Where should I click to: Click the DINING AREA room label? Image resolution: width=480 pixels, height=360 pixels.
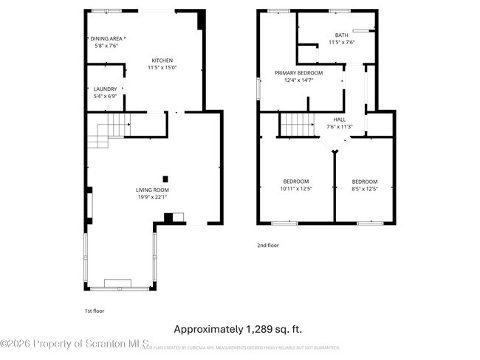pos(108,38)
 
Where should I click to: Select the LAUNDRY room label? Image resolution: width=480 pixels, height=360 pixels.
pos(105,89)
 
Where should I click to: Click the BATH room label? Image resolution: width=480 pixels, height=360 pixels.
pos(341,35)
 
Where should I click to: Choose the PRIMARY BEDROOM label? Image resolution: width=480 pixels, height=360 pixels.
pos(299,73)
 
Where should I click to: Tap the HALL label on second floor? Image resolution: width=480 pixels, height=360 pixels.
pos(340,120)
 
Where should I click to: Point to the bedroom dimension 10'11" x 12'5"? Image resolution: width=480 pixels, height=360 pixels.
pos(296,189)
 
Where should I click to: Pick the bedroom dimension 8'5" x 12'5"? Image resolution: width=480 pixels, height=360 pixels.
pos(364,189)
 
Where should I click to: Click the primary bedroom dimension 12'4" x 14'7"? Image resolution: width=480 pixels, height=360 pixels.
pos(299,80)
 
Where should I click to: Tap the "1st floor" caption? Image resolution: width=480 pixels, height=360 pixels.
pos(95,311)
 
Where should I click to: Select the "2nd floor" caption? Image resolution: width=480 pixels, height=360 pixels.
pos(268,246)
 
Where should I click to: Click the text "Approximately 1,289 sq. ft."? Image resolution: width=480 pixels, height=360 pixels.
pos(238,329)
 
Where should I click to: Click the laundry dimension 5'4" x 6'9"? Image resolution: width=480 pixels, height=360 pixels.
pos(105,97)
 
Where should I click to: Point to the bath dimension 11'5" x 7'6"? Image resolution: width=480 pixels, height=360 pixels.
pos(341,42)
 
